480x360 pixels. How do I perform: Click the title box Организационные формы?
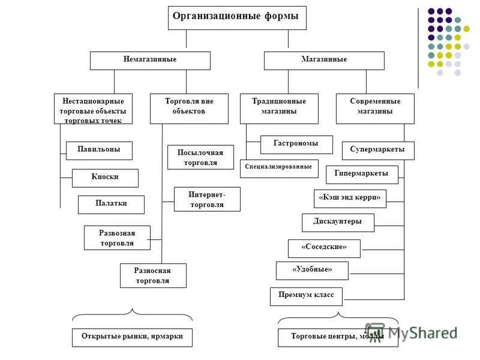(x=236, y=17)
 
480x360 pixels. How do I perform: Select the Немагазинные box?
(x=150, y=61)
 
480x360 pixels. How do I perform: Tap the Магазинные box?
(x=324, y=61)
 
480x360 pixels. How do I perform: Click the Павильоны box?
(x=99, y=150)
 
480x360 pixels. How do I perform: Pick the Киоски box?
(x=105, y=178)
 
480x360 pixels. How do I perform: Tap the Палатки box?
(x=111, y=204)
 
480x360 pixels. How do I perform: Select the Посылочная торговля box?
(x=200, y=157)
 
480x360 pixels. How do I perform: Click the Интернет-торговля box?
(x=206, y=199)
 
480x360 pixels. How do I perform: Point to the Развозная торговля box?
(x=117, y=238)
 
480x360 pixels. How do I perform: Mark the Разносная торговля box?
(x=153, y=275)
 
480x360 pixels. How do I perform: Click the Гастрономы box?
(x=296, y=145)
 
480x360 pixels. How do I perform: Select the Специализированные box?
(x=279, y=168)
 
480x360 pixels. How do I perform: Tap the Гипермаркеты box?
(x=362, y=175)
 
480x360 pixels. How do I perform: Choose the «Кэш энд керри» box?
(x=350, y=199)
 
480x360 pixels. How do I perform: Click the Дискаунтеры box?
(x=338, y=223)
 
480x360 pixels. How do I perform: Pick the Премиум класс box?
(x=306, y=296)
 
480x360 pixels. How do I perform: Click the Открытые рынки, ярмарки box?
(x=132, y=337)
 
